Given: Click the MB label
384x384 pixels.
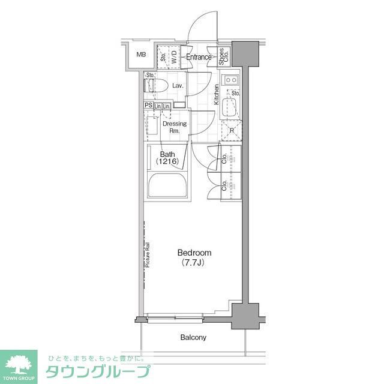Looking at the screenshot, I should point(140,55).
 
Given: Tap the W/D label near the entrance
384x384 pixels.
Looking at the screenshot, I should point(174,58).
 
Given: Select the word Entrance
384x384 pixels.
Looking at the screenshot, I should point(199,58).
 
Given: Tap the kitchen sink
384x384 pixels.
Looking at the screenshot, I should point(230,109).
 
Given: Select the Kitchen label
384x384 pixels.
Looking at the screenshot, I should point(217,95).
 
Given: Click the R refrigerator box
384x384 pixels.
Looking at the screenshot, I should point(232,130).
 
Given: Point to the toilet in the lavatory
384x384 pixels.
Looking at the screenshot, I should point(154,86).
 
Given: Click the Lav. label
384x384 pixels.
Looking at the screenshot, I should point(178,86).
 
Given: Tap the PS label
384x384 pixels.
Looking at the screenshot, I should point(148,106).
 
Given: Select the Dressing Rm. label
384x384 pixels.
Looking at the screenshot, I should point(175,127).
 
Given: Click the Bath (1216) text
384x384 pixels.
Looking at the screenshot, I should point(167,158).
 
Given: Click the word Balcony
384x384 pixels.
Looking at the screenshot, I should point(193,337).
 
